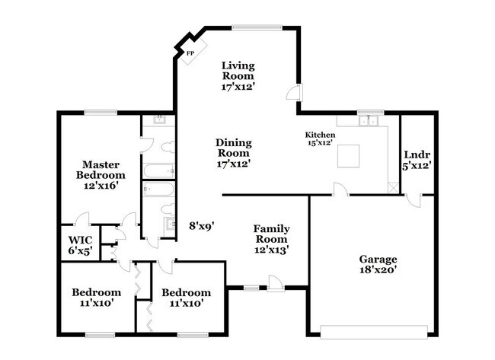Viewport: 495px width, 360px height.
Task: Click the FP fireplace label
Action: (190, 53)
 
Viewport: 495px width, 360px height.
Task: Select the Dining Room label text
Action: (233, 152)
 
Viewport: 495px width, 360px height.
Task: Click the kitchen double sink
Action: (370, 119)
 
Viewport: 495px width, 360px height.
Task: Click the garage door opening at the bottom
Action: (374, 332)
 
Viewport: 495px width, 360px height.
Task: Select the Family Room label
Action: (272, 238)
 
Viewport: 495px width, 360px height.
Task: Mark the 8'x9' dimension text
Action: (202, 225)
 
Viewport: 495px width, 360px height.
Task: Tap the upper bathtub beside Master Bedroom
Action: (158, 170)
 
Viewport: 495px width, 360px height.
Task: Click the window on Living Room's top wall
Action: (252, 28)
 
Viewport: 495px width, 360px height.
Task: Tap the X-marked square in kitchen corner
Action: (391, 187)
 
